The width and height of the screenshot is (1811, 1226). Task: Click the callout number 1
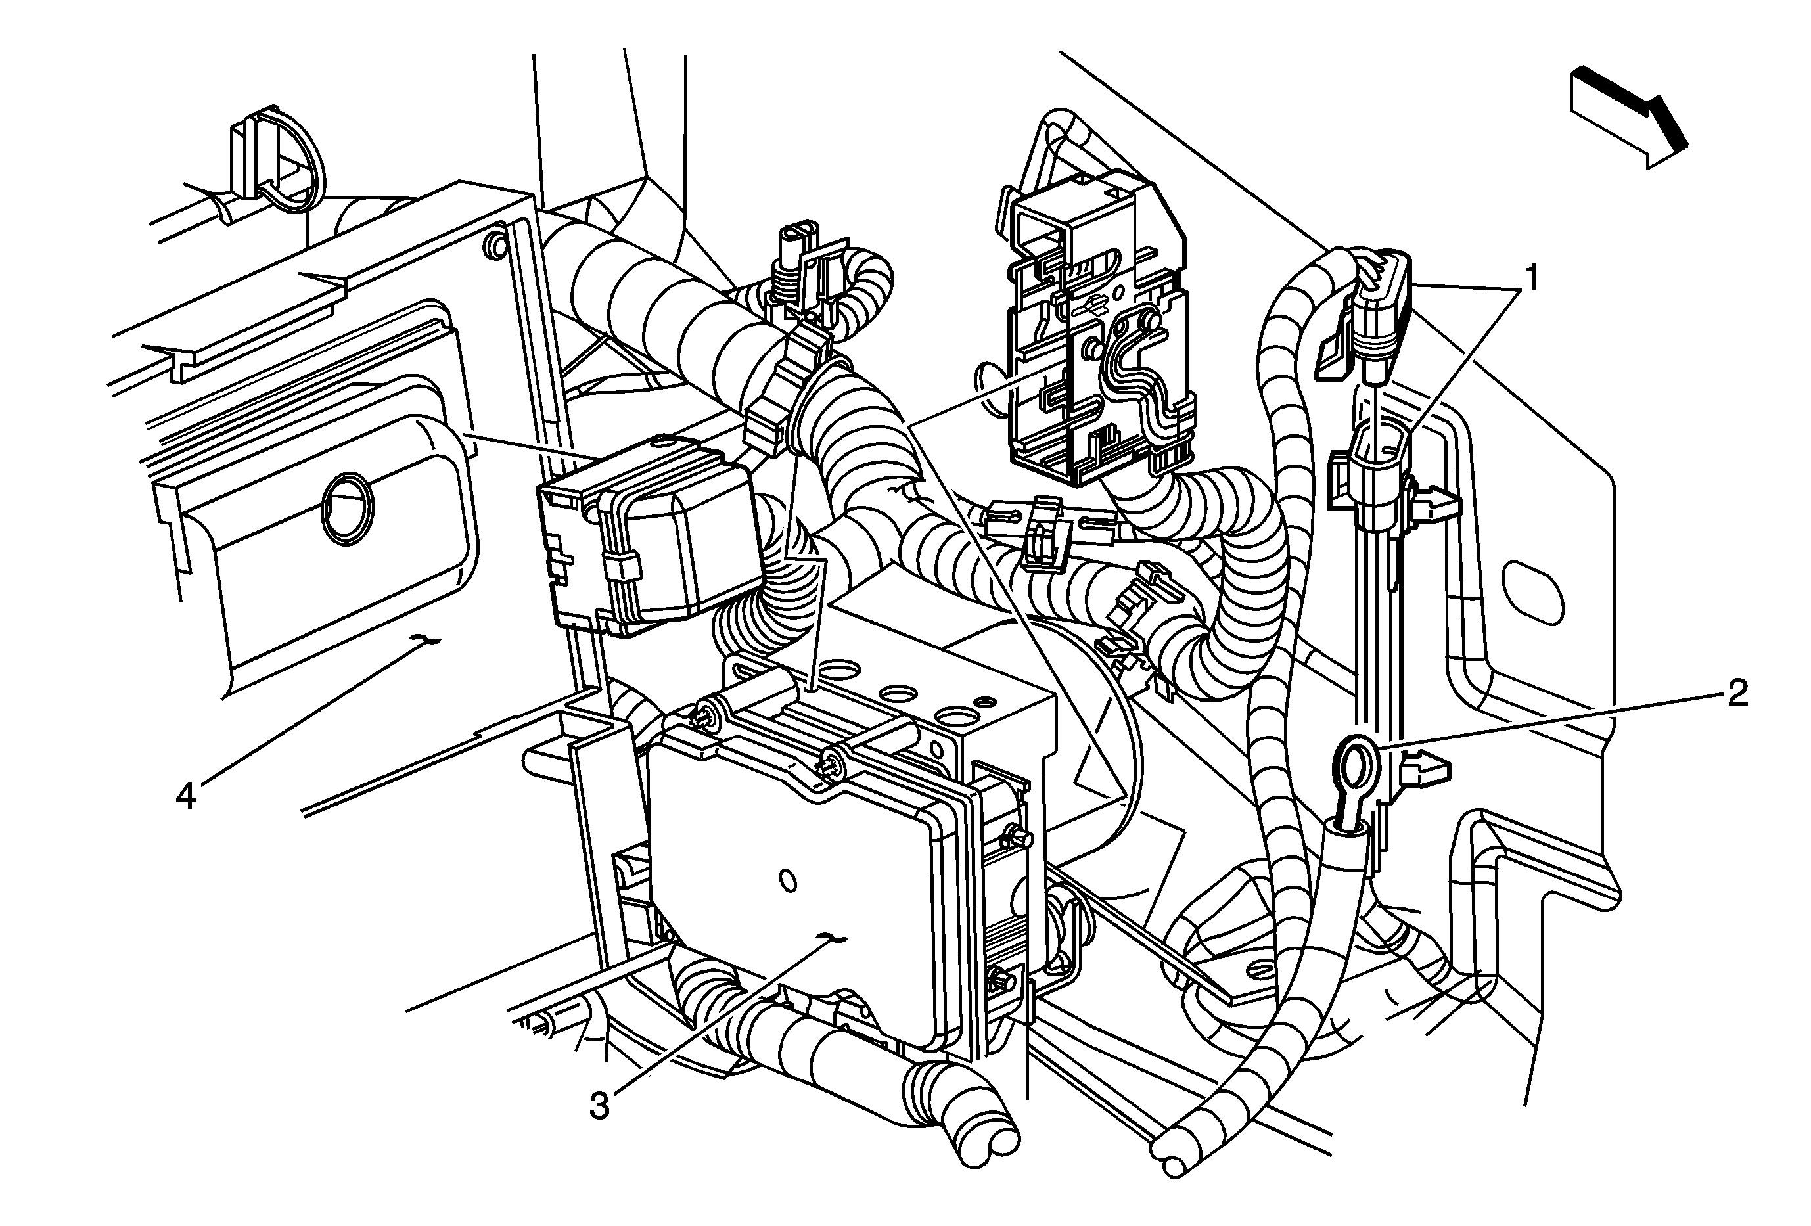[x=1530, y=279]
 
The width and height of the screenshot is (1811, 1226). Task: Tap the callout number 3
[x=599, y=1105]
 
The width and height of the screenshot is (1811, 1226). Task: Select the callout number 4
[x=185, y=796]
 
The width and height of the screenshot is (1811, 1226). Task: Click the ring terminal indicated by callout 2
[x=1354, y=767]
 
